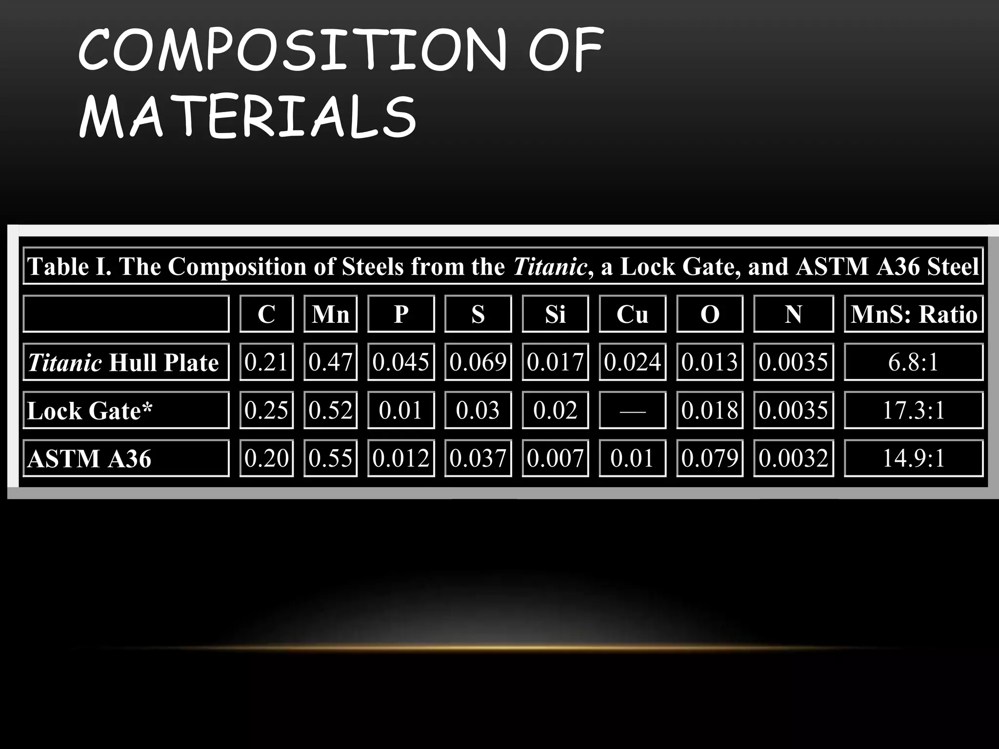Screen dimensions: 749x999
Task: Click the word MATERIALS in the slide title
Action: pos(248,117)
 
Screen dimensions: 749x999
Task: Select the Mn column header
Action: pos(330,314)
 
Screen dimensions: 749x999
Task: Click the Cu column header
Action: pos(632,314)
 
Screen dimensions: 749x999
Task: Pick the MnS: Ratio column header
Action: pos(913,314)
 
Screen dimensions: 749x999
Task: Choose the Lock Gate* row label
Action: pos(90,411)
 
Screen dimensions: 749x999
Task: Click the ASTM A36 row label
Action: pos(90,458)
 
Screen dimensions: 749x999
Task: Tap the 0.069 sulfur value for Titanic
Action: pos(478,362)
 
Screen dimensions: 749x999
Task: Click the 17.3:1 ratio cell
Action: pos(913,411)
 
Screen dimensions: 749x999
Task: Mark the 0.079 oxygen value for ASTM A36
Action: pos(710,458)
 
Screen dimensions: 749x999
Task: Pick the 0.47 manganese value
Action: pos(330,362)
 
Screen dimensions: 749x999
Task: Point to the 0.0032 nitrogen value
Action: pos(793,458)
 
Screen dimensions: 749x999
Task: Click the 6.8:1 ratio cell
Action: pos(913,362)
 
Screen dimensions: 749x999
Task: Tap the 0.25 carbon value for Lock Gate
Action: pos(266,411)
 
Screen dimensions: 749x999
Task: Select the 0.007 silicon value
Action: pos(555,458)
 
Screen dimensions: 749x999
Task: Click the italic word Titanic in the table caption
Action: pos(549,267)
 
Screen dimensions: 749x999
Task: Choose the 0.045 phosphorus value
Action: pos(400,362)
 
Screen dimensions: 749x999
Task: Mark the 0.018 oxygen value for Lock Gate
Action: pos(710,411)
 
